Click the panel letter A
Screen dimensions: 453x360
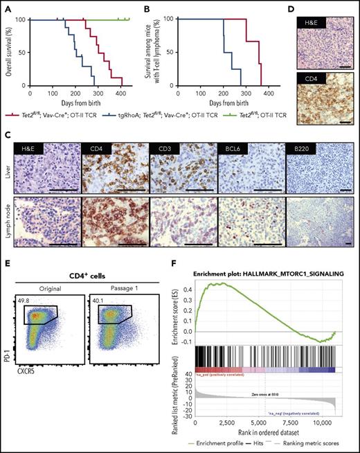pos(6,6)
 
